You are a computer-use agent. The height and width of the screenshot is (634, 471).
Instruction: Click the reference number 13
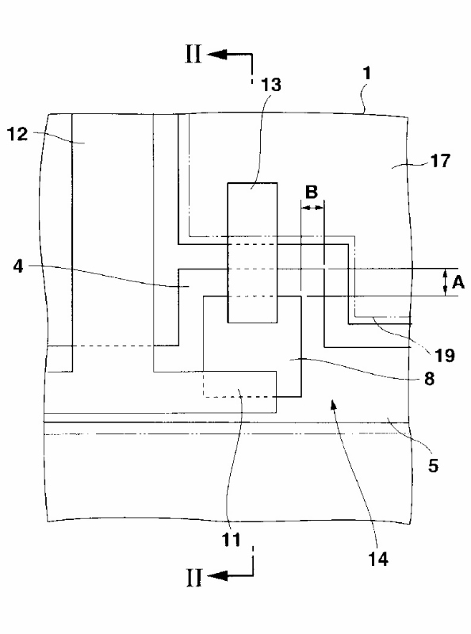[x=270, y=85]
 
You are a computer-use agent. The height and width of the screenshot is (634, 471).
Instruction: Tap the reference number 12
[x=17, y=134]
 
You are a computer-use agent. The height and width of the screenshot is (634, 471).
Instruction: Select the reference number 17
[x=440, y=161]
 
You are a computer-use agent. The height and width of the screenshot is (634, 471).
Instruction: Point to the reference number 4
[x=18, y=266]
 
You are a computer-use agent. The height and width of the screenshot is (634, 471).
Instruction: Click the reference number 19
[x=444, y=355]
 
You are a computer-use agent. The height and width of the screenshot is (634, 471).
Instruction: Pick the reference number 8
[x=429, y=379]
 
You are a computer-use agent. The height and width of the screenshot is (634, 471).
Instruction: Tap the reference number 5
[x=434, y=466]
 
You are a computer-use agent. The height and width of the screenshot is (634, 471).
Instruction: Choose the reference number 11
[x=231, y=540]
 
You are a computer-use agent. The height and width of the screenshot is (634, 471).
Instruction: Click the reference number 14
[x=378, y=560]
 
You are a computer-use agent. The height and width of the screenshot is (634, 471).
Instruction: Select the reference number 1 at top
[x=367, y=74]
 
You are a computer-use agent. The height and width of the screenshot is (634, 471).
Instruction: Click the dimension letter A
[x=458, y=282]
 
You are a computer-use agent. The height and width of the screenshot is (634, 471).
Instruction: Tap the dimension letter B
[x=312, y=192]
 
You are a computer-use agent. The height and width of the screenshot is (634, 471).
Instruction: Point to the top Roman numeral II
[x=193, y=54]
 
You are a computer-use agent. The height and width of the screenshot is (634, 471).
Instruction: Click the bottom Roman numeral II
[x=193, y=578]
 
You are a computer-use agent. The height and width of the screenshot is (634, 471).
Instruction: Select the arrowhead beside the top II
[x=217, y=54]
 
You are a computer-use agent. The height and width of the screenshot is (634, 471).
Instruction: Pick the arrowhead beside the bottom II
[x=217, y=575]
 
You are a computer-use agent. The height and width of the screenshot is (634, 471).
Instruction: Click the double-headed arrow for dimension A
[x=445, y=282]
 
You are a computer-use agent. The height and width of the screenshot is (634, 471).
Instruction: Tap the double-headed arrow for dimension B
[x=312, y=208]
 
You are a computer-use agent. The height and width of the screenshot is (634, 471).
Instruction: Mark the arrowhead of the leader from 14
[x=333, y=404]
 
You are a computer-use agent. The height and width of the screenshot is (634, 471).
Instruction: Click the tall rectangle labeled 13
[x=252, y=253]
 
